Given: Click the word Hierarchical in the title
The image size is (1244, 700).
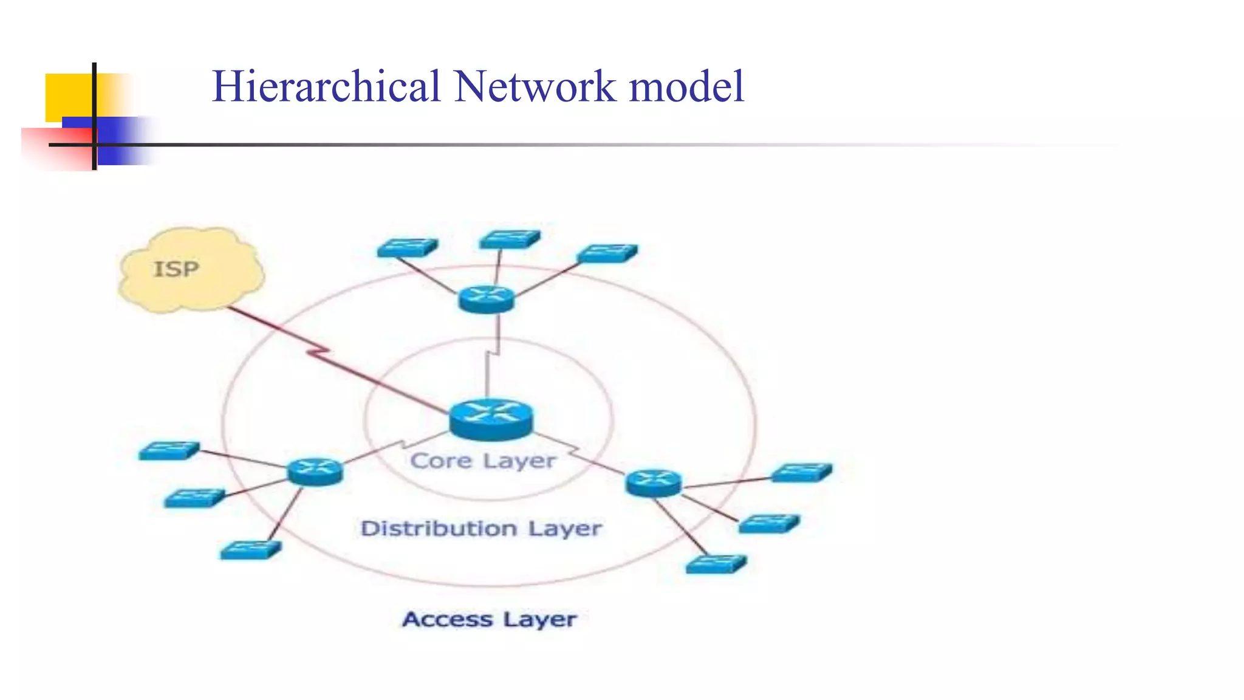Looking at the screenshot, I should point(326,86).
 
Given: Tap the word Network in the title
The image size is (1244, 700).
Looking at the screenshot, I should point(535,86).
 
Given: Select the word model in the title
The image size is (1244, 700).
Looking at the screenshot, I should point(686,86).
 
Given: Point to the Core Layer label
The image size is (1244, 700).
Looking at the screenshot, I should point(483,461).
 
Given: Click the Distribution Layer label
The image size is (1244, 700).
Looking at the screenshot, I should point(480,528).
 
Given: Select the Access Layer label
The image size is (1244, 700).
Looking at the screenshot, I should point(489,619).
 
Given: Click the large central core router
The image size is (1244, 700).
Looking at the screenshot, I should point(491,419).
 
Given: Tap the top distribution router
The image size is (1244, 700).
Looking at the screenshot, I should point(486,299).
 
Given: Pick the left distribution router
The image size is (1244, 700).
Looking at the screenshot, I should point(315,471).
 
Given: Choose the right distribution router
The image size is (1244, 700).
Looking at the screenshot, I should point(653,483).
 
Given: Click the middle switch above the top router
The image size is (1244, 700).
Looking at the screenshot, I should point(509,239).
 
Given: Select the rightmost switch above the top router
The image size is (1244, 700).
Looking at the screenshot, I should point(607,253).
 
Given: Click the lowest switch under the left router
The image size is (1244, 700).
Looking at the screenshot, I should point(250,551).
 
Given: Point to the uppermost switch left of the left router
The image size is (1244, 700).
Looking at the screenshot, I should point(169,451).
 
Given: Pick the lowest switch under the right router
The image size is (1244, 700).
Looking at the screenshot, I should point(716,564).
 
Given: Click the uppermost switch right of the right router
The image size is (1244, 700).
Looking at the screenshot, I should point(801,472).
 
